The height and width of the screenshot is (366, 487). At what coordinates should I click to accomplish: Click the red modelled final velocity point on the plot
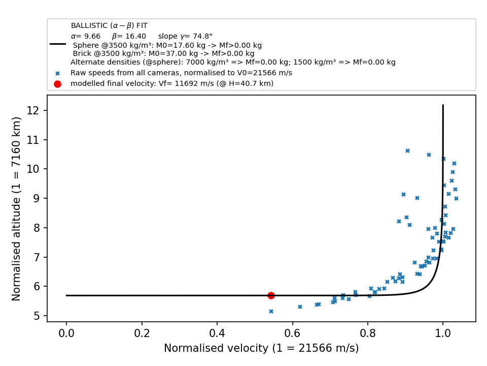pyautogui.click(x=271, y=296)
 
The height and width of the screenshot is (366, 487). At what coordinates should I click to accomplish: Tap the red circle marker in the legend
pyautogui.click(x=57, y=84)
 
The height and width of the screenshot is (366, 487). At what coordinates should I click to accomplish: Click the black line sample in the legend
pyautogui.click(x=58, y=44)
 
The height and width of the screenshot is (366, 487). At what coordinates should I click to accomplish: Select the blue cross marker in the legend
pyautogui.click(x=57, y=74)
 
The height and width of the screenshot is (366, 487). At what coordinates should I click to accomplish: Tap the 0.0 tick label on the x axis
pyautogui.click(x=66, y=333)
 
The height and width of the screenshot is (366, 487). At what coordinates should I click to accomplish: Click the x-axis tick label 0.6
pyautogui.click(x=292, y=333)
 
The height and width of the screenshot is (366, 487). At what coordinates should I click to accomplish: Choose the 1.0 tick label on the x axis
pyautogui.click(x=443, y=333)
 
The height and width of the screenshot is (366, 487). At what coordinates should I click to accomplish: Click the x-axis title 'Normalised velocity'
pyautogui.click(x=216, y=348)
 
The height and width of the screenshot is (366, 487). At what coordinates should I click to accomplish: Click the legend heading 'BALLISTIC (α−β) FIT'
pyautogui.click(x=110, y=25)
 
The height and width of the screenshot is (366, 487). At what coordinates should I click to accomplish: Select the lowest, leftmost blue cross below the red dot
pyautogui.click(x=271, y=311)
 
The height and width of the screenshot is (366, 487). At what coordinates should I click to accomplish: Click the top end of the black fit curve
pyautogui.click(x=443, y=105)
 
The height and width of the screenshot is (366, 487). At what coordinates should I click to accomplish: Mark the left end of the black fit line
pyautogui.click(x=66, y=296)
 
